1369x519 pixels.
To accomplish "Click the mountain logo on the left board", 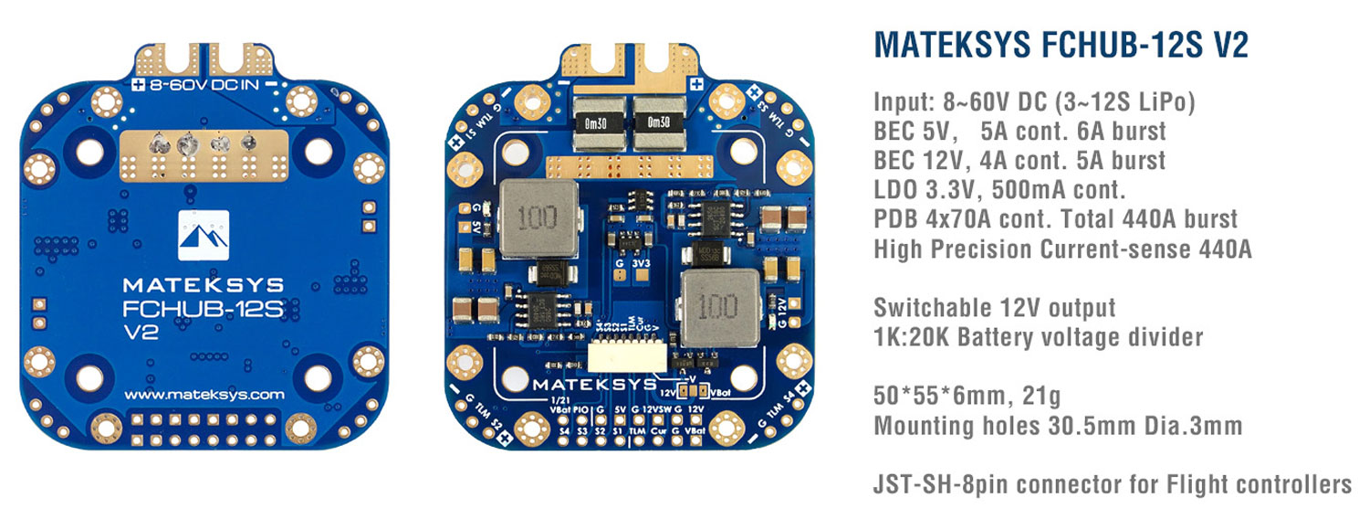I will [x=204, y=230].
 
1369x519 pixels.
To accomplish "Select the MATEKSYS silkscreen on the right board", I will [x=595, y=385].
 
